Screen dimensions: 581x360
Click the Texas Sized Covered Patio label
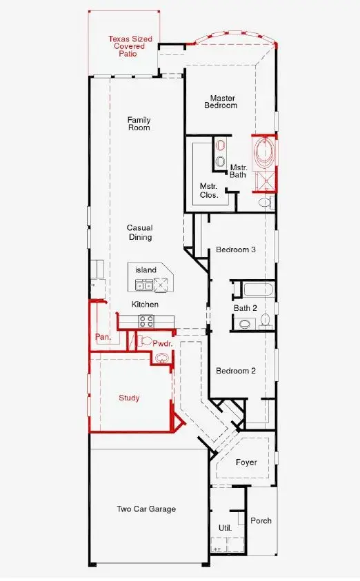(126, 46)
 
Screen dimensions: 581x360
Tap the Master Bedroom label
(221, 102)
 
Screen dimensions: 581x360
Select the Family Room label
(139, 124)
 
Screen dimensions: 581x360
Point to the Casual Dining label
(139, 233)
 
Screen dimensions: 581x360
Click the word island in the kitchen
(146, 270)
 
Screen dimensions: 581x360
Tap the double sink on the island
(144, 285)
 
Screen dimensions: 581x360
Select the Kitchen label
(146, 304)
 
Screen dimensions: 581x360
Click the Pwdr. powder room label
(162, 342)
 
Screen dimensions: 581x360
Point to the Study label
(129, 398)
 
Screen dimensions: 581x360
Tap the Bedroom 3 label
(236, 249)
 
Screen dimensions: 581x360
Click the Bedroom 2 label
(236, 371)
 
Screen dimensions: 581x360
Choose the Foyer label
(246, 462)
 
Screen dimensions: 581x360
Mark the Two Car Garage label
(146, 509)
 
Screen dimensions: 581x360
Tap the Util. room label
(225, 528)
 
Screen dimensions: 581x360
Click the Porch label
(261, 521)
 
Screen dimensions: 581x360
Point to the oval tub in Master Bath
(263, 154)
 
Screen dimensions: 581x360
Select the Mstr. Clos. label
(209, 191)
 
